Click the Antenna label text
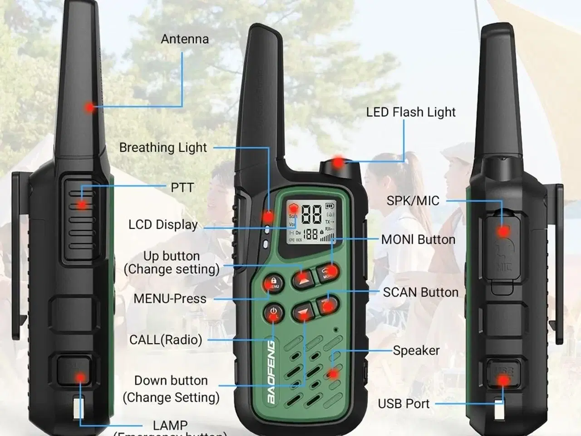point(185,39)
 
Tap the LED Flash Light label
point(411,112)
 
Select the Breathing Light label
point(163,148)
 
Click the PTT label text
point(182,188)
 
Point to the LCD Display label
point(163,225)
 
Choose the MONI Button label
point(418,240)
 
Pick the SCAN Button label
point(420,292)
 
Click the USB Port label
point(404,404)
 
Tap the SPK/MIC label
point(413,201)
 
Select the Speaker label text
point(416,351)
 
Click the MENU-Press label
point(170,299)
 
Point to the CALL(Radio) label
point(166,340)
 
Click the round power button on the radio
point(273,312)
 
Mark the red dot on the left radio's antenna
point(89,108)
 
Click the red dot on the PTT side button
point(82,205)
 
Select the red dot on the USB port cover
point(502,381)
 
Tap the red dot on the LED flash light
point(338,163)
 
